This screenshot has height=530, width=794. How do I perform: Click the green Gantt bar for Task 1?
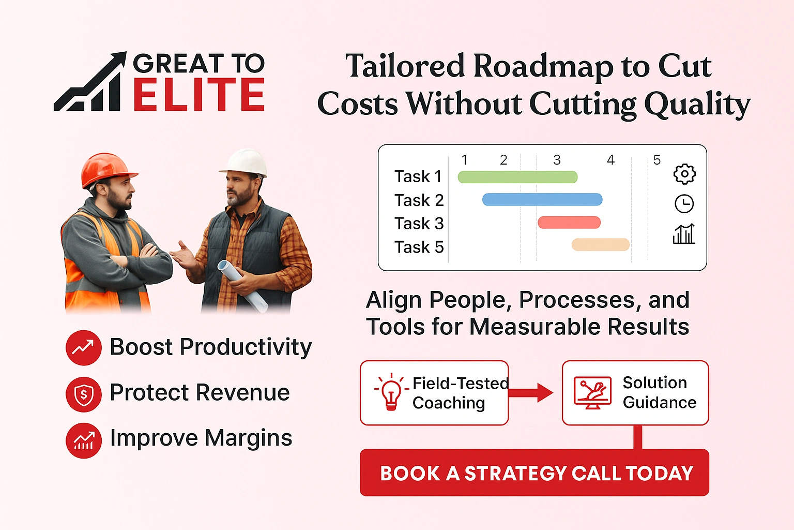point(517,177)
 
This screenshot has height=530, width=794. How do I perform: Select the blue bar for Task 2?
point(542,200)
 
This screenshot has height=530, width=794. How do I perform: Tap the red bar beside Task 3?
point(569,223)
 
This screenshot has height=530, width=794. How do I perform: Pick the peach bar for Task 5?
point(600,245)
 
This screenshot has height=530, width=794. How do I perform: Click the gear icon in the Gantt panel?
point(684,174)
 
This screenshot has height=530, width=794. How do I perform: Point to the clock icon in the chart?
point(684,204)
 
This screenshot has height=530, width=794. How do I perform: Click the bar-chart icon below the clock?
point(684,234)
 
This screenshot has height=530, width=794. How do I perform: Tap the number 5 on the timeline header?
point(657,160)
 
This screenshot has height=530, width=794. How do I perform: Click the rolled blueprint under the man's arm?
point(242,285)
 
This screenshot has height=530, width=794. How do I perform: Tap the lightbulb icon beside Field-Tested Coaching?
point(391,392)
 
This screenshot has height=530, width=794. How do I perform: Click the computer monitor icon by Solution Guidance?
point(592,393)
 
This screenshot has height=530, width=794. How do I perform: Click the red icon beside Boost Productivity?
point(84,348)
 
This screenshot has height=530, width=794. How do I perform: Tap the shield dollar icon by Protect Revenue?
point(84,394)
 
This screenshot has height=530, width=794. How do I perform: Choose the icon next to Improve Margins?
point(84,440)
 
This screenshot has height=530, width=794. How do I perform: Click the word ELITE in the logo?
point(199,95)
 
